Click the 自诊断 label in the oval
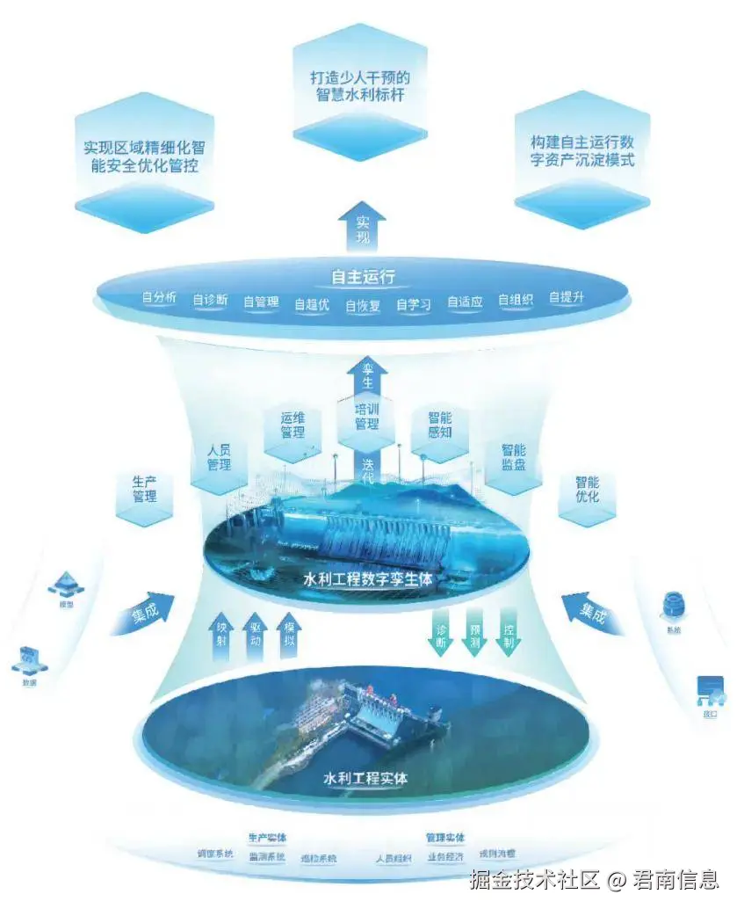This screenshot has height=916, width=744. (210, 301)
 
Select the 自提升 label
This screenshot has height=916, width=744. (567, 298)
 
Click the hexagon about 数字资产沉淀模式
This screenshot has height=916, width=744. (581, 151)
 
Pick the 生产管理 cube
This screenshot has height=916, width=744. (144, 490)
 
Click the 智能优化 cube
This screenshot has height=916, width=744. (587, 490)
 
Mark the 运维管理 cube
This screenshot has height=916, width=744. (293, 425)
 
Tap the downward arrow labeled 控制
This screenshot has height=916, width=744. (509, 633)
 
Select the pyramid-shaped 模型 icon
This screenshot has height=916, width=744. (64, 581)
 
